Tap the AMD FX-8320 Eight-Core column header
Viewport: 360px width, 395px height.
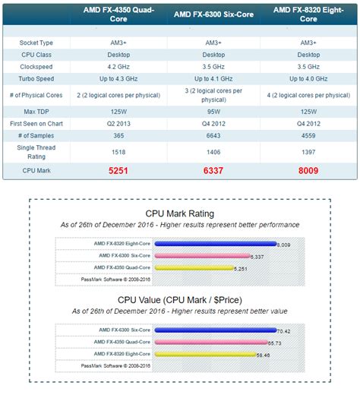click(308, 14)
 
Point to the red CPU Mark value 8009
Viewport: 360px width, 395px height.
click(308, 171)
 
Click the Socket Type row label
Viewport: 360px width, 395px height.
click(36, 43)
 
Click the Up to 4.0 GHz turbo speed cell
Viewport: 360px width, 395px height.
click(308, 78)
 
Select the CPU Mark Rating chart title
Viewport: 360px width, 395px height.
click(179, 213)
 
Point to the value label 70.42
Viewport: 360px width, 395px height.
click(282, 331)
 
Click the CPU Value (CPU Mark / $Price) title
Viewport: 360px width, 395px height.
click(179, 299)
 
